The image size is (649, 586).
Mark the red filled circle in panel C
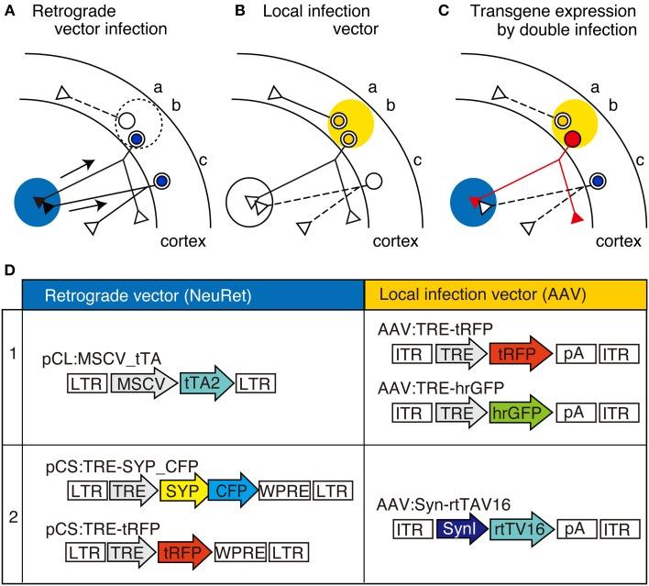(572, 139)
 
